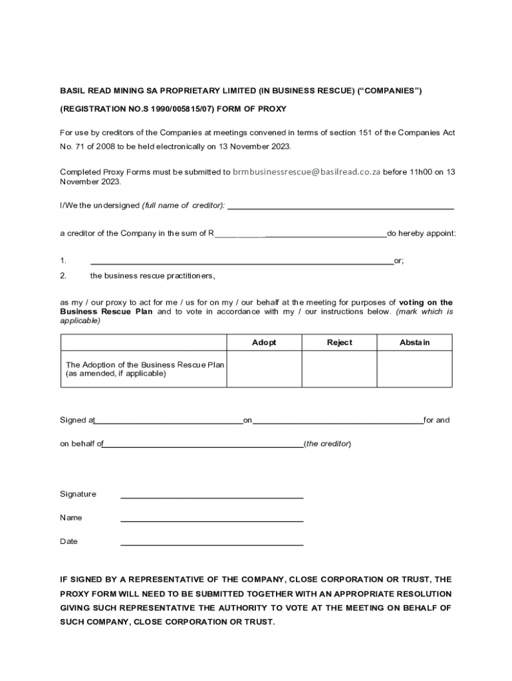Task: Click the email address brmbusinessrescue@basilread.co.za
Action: tap(307, 172)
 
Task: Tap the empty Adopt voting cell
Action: tap(264, 369)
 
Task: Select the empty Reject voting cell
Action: tap(339, 369)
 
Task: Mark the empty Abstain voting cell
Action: tap(414, 369)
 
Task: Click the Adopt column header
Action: tap(264, 342)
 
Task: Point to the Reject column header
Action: tap(339, 342)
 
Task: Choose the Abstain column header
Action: tap(414, 342)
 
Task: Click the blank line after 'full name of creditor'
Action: tap(340, 208)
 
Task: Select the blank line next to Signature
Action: tap(211, 497)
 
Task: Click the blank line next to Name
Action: tap(211, 520)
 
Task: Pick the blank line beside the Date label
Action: tap(211, 545)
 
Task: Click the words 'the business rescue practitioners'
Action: tap(152, 275)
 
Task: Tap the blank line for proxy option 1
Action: tap(241, 263)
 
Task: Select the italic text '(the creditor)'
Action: tap(327, 444)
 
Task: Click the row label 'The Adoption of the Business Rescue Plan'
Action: tap(145, 364)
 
